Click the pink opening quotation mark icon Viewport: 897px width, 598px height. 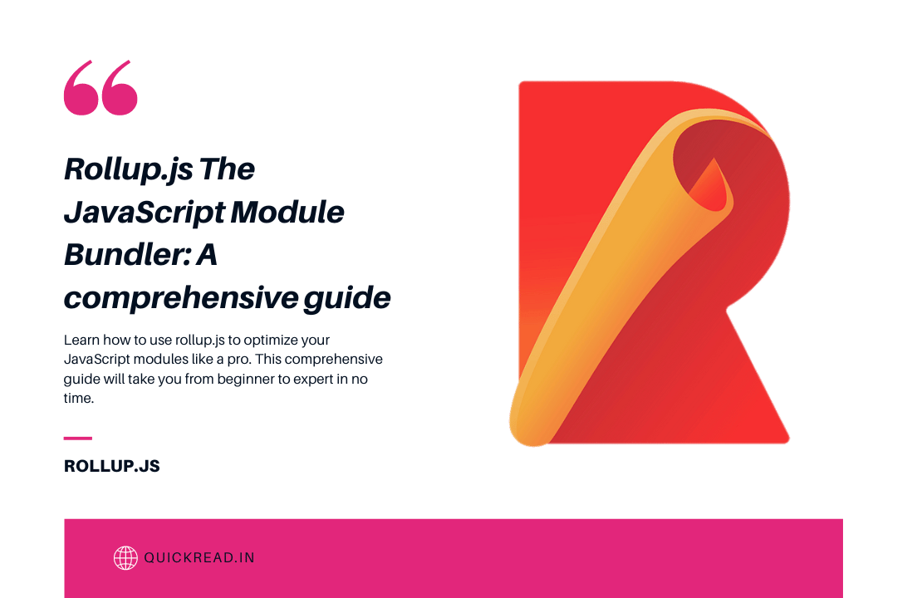pos(100,88)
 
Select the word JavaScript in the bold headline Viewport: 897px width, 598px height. pos(140,213)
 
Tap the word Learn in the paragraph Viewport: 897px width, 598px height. pos(81,341)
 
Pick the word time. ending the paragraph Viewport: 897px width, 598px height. pos(79,398)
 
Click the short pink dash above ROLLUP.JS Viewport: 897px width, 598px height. pos(78,438)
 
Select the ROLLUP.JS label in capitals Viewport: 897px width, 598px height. pos(111,467)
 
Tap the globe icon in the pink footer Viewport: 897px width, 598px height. pos(125,557)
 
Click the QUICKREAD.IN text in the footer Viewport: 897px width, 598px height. pos(199,557)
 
